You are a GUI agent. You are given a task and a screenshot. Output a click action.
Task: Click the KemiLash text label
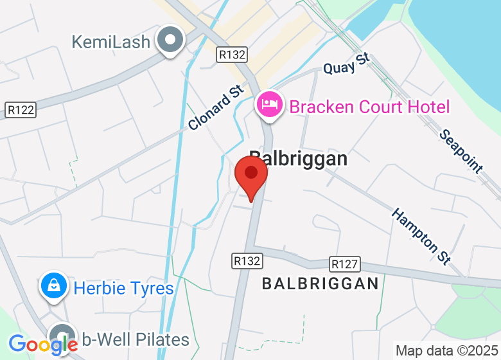(x=110, y=42)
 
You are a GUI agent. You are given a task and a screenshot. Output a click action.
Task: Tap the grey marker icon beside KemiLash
(x=170, y=40)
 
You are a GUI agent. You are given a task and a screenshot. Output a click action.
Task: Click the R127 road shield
(x=345, y=264)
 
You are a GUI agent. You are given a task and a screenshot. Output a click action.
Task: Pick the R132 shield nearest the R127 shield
(x=247, y=261)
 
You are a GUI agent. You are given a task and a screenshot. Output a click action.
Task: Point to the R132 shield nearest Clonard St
(x=232, y=54)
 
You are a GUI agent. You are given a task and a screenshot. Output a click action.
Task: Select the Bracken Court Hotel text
(x=369, y=106)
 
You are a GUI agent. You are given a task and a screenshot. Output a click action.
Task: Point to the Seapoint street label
(x=461, y=151)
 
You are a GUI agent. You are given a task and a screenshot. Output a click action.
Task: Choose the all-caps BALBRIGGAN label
(x=320, y=283)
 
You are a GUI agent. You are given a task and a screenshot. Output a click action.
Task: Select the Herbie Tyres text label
(x=123, y=287)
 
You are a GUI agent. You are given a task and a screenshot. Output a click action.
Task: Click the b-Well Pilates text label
(x=136, y=339)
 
